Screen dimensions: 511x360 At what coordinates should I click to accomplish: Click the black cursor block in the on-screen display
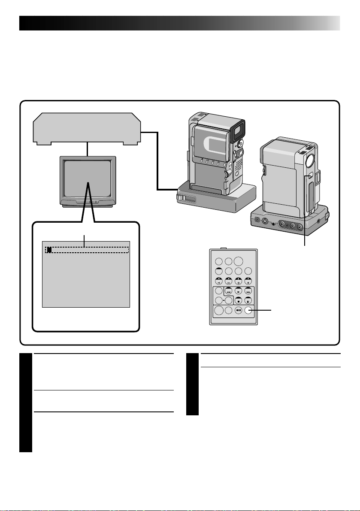49,249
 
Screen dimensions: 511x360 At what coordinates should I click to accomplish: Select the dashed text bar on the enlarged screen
88,249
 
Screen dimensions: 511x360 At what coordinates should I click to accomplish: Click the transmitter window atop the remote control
224,248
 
